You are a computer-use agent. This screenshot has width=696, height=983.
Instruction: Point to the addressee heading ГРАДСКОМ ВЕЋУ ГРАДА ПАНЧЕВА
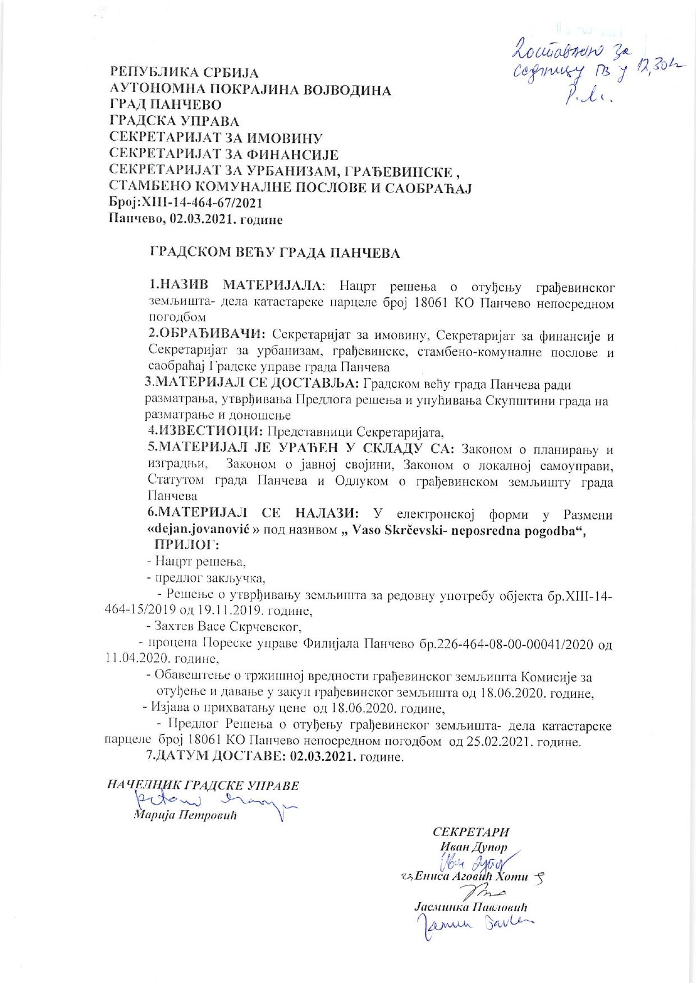point(274,253)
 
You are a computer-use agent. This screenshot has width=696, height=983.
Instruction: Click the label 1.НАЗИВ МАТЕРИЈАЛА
point(236,287)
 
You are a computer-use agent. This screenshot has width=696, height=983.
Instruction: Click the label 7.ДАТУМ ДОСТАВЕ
point(216,757)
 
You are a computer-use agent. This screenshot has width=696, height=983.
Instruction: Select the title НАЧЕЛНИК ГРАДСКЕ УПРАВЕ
point(203,786)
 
